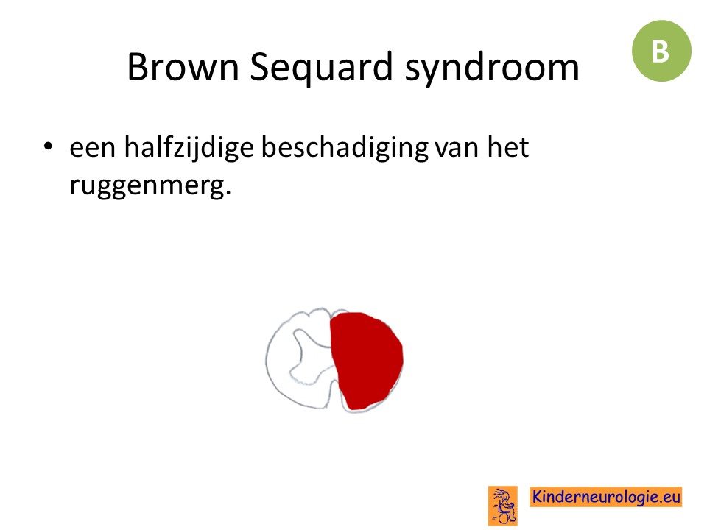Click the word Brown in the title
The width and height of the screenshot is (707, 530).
click(183, 67)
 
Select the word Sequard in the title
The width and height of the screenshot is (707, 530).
click(321, 68)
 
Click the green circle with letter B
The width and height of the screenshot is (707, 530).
click(661, 51)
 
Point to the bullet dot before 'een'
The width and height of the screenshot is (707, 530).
click(49, 146)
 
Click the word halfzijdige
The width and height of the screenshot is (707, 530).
click(189, 149)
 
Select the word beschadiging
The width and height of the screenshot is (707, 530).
click(345, 149)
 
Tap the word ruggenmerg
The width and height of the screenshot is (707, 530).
click(147, 185)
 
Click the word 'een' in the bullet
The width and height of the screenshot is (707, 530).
click(93, 149)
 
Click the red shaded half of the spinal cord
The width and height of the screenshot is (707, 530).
click(367, 361)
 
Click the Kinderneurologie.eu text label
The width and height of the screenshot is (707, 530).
click(605, 497)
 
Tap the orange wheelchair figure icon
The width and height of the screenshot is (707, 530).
click(503, 505)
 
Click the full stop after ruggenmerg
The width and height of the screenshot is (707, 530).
click(228, 194)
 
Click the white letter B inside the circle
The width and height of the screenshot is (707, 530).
click(660, 52)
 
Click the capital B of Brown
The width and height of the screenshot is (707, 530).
click(137, 67)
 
